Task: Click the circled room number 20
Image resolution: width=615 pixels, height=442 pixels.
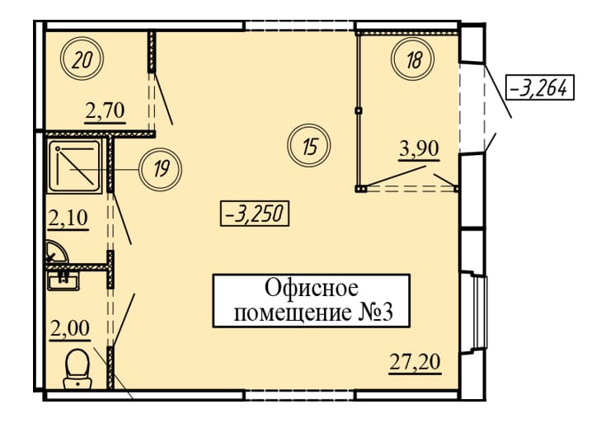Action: click(82, 59)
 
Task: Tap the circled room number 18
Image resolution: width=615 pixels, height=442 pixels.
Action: click(413, 59)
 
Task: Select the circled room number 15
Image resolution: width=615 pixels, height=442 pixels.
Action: click(309, 145)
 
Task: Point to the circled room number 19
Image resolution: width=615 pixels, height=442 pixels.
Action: click(161, 170)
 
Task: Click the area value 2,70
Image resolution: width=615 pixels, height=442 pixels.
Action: click(106, 111)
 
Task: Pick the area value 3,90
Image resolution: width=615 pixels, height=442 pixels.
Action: click(419, 149)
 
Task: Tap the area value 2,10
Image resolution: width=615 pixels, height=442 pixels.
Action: click(68, 219)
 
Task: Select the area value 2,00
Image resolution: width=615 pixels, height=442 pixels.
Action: click(70, 329)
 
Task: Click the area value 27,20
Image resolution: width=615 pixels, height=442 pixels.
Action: click(415, 362)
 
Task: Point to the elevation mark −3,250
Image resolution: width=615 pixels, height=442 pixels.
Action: click(255, 214)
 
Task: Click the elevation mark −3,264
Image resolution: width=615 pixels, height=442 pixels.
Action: click(540, 87)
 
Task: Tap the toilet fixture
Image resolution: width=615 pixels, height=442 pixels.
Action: click(77, 368)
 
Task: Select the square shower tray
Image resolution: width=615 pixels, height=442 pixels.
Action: click(74, 167)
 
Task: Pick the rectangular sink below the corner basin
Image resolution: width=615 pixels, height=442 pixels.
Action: click(63, 280)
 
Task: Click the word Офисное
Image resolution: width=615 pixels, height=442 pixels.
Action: click(312, 289)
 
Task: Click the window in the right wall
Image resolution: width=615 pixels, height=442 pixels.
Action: click(479, 312)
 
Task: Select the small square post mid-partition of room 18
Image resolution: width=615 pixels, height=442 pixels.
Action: click(358, 111)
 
